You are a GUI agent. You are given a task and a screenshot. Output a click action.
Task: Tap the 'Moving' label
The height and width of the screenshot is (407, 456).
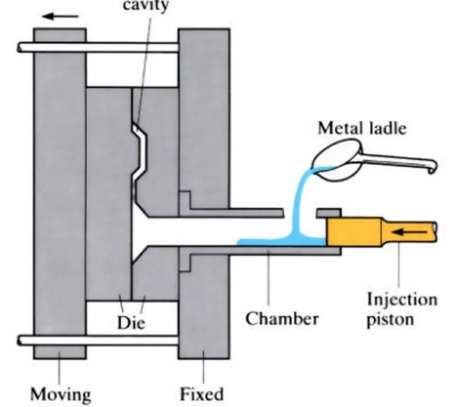click(x=59, y=394)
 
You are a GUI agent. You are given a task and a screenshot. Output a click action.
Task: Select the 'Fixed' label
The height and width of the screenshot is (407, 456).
click(x=201, y=394)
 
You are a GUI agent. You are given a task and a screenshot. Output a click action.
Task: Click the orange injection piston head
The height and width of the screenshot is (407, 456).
click(x=354, y=230)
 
